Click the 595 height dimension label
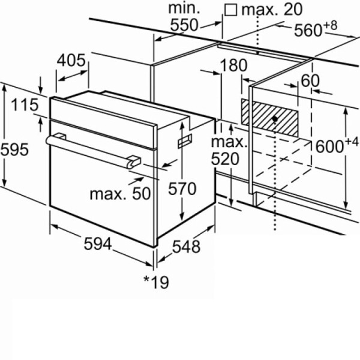point(14,149)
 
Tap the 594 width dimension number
point(98,244)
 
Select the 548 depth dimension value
point(186,247)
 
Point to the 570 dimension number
point(182,189)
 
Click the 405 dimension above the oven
point(71,61)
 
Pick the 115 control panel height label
point(25,104)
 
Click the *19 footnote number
point(156,282)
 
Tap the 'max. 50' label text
point(120,194)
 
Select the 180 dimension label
point(234,65)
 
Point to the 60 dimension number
point(310,80)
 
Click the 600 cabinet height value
point(329,147)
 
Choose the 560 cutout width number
point(308,30)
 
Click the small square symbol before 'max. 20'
point(231,10)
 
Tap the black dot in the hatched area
point(275,119)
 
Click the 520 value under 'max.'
point(225,159)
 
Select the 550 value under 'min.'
point(184,25)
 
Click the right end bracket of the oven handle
point(133,161)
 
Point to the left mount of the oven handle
point(59,136)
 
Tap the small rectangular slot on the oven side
point(185,141)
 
